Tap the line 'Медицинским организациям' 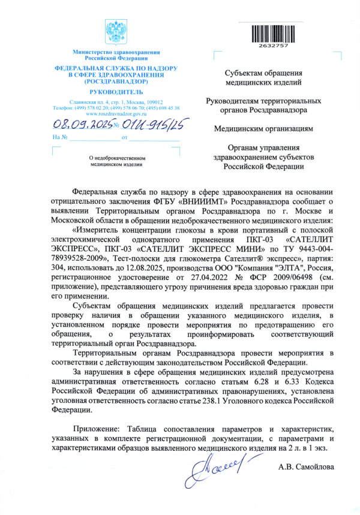tap(263, 128)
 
